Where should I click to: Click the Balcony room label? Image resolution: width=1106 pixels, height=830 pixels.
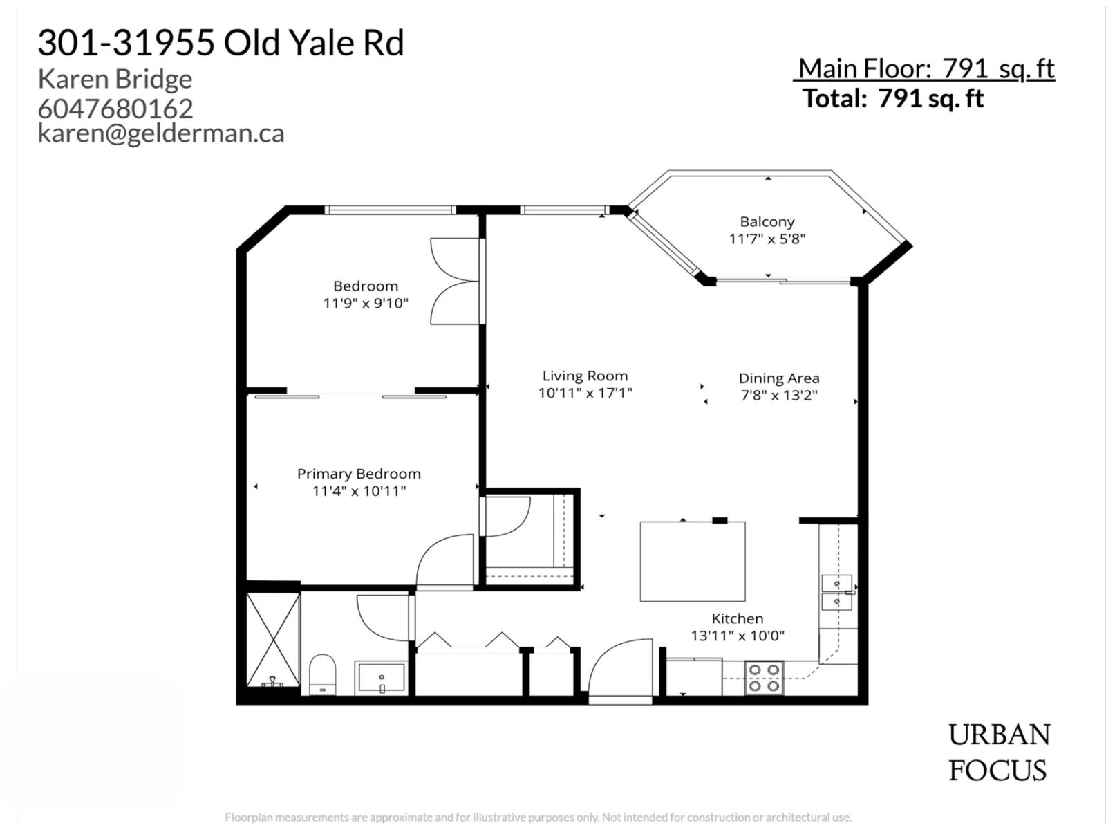coord(767,222)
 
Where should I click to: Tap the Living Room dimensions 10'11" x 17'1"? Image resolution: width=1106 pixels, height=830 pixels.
coord(585,394)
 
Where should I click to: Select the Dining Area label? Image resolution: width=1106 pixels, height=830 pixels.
coord(778,378)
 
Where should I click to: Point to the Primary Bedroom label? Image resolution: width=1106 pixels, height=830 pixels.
coord(359,474)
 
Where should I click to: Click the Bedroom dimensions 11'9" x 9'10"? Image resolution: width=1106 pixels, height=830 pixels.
coord(366,303)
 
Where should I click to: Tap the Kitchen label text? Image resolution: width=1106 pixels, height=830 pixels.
coord(738,618)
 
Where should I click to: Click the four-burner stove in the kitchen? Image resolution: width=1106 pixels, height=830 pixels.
coord(765,678)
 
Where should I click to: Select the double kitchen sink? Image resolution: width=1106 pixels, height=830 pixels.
coord(837,593)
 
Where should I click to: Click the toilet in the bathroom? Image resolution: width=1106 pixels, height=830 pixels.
coord(322,674)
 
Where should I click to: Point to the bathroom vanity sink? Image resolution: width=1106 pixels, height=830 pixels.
coord(382,677)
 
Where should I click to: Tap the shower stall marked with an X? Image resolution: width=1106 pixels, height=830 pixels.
coord(273,639)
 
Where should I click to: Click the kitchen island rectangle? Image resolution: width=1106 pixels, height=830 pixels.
coord(692,562)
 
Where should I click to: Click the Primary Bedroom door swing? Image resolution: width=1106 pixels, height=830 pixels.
coord(446,562)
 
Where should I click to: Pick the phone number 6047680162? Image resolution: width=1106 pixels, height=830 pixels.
coord(115,109)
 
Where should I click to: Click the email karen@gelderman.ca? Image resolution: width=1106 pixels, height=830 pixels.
coord(161,133)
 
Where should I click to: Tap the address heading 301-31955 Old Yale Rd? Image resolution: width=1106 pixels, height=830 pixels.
coord(221,43)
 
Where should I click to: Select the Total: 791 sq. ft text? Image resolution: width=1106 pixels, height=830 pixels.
coord(892,98)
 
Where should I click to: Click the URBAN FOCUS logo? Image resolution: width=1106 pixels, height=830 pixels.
coord(998,753)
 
